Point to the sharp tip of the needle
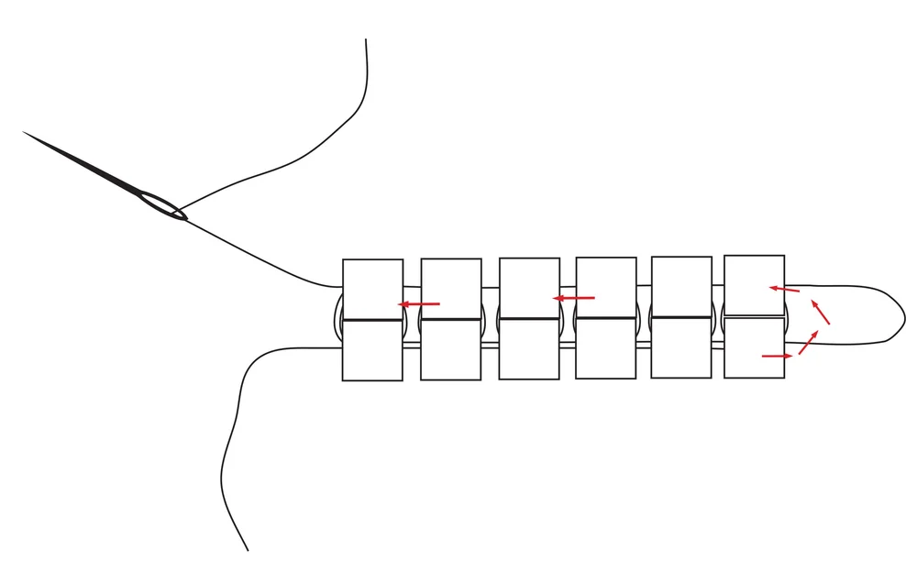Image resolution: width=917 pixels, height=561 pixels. pyautogui.click(x=25, y=133)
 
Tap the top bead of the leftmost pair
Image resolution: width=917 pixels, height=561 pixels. pyautogui.click(x=372, y=289)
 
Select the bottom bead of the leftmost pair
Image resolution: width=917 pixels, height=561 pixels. pyautogui.click(x=372, y=350)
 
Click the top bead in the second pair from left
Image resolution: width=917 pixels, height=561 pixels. pyautogui.click(x=451, y=288)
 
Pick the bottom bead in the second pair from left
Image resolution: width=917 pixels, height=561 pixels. pyautogui.click(x=451, y=349)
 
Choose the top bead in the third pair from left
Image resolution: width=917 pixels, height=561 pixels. pyautogui.click(x=529, y=287)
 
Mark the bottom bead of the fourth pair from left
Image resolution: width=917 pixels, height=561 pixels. pyautogui.click(x=606, y=348)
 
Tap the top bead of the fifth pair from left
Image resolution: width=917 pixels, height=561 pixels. pyautogui.click(x=681, y=286)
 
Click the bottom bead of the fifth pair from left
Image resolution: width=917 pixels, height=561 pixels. pyautogui.click(x=681, y=347)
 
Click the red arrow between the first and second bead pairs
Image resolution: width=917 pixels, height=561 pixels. pyautogui.click(x=418, y=303)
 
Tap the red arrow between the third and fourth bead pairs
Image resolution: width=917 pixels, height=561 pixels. pyautogui.click(x=574, y=298)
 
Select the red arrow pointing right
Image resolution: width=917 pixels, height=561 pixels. pyautogui.click(x=777, y=356)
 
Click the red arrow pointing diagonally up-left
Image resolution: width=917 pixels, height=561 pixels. pyautogui.click(x=821, y=312)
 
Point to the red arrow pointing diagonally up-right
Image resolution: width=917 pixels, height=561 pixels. pyautogui.click(x=808, y=342)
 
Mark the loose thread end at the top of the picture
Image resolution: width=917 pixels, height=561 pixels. pyautogui.click(x=366, y=41)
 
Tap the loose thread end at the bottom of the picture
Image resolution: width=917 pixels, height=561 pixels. pyautogui.click(x=247, y=548)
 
